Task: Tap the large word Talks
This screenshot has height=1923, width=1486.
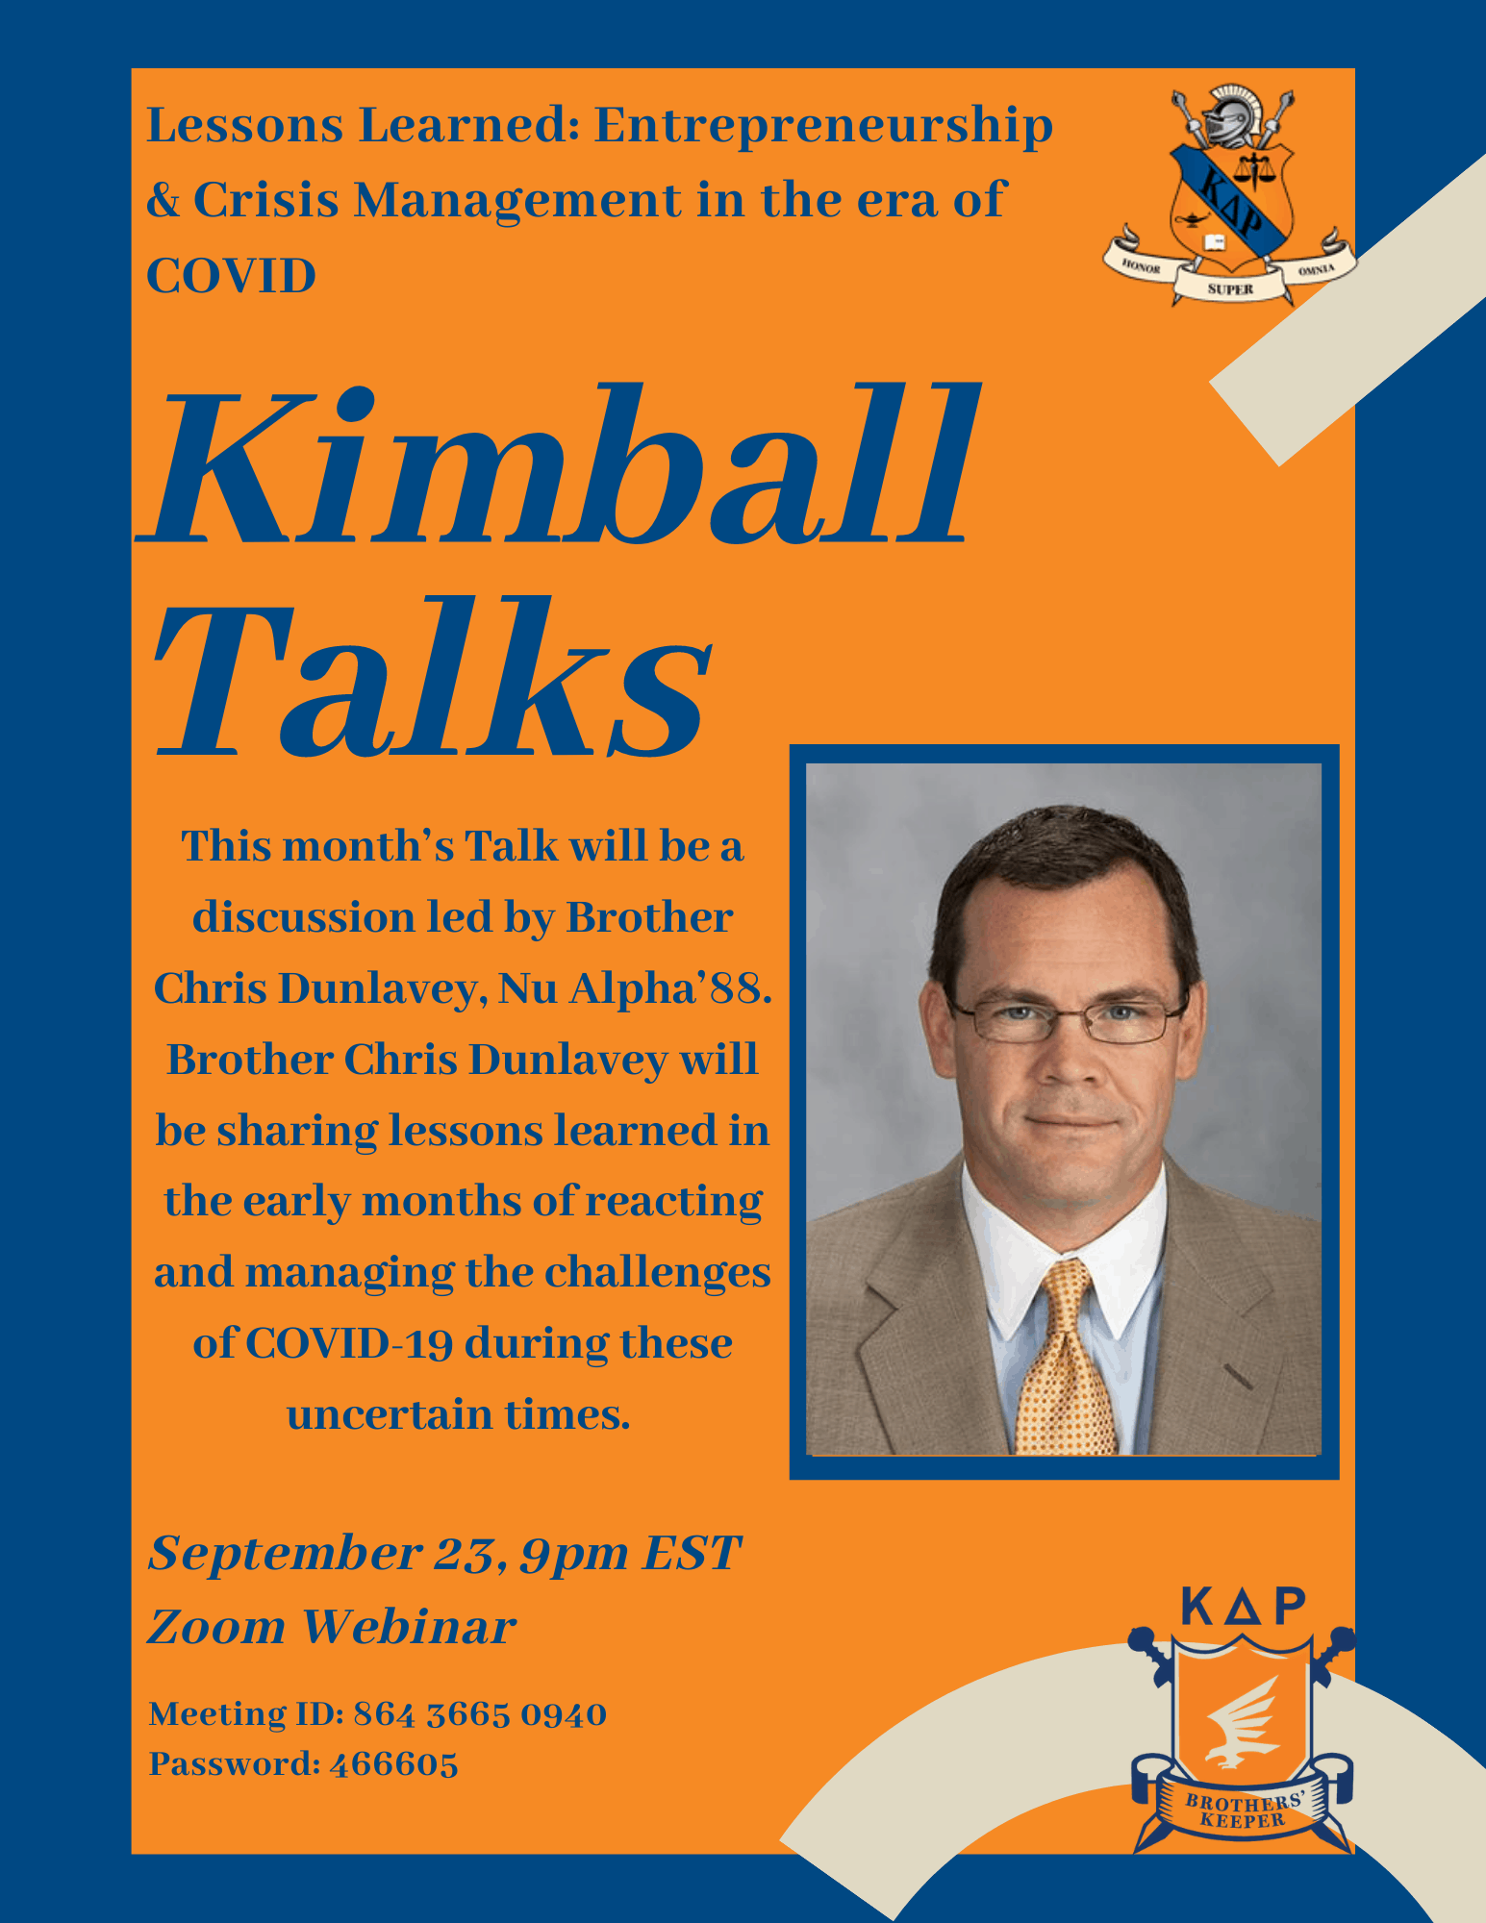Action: pyautogui.click(x=433, y=678)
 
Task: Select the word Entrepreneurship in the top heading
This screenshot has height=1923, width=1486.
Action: pyautogui.click(x=823, y=127)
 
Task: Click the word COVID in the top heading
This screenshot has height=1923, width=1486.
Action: pyautogui.click(x=231, y=276)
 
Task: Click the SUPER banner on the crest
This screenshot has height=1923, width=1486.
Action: pyautogui.click(x=1230, y=287)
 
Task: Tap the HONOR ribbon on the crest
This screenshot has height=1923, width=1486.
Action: pyautogui.click(x=1140, y=264)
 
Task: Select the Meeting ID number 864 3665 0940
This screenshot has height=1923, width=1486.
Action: pyautogui.click(x=480, y=1714)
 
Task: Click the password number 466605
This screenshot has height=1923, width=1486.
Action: pyautogui.click(x=393, y=1764)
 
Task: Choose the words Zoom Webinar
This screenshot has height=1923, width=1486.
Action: pyautogui.click(x=332, y=1627)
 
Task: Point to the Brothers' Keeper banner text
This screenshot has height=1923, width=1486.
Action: pyautogui.click(x=1245, y=1810)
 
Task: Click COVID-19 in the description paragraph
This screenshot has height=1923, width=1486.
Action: pyautogui.click(x=349, y=1344)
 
